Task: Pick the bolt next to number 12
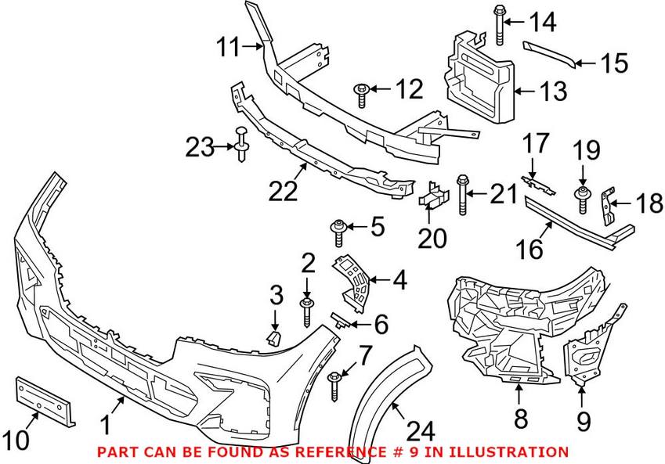(x=361, y=93)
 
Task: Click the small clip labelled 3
(x=273, y=337)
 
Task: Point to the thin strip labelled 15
(x=551, y=53)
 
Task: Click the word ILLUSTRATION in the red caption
(x=516, y=451)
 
